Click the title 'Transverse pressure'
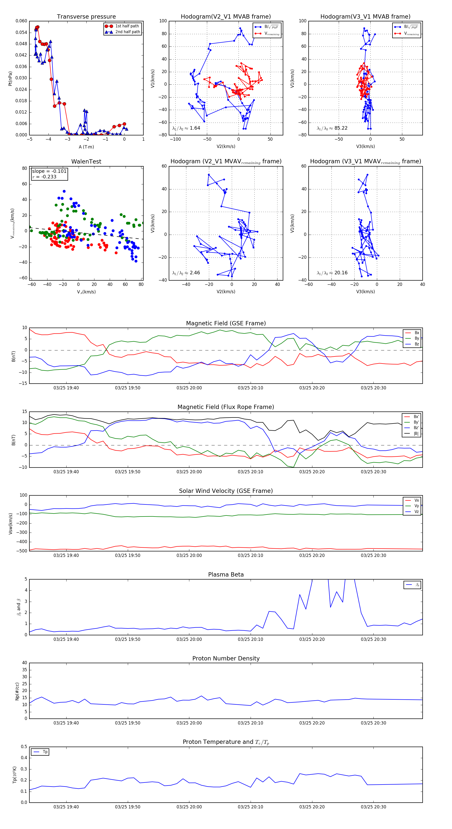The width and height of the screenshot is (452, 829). pos(86,17)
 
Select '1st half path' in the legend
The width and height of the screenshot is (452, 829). pos(127,26)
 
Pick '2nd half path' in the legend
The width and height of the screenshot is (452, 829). pos(127,32)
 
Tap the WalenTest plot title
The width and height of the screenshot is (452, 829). pos(86,162)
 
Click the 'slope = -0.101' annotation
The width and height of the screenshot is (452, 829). pos(49,171)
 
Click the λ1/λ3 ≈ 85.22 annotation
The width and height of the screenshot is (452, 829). pos(332,128)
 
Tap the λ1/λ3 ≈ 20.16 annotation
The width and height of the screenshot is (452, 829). pos(332,273)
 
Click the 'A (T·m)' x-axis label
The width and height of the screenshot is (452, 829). pos(86,147)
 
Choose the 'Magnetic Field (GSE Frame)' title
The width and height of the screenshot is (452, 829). pos(226,323)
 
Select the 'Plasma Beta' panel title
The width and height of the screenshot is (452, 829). pos(226,575)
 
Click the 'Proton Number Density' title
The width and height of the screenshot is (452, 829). pos(226,658)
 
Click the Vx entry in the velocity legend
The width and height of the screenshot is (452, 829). pos(416,500)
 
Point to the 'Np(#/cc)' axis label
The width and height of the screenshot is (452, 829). pos(17,691)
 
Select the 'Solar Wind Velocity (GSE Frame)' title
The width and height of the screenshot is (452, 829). pos(226,491)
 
